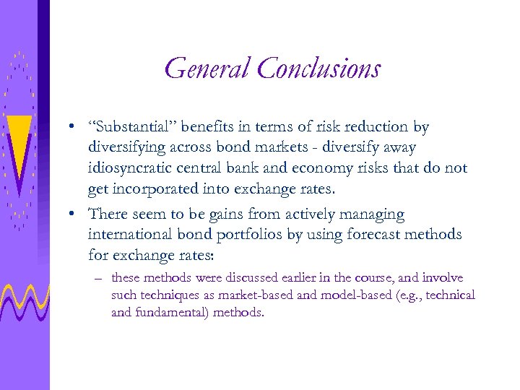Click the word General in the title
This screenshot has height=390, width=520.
coord(207,69)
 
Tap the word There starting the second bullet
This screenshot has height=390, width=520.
coord(106,214)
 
